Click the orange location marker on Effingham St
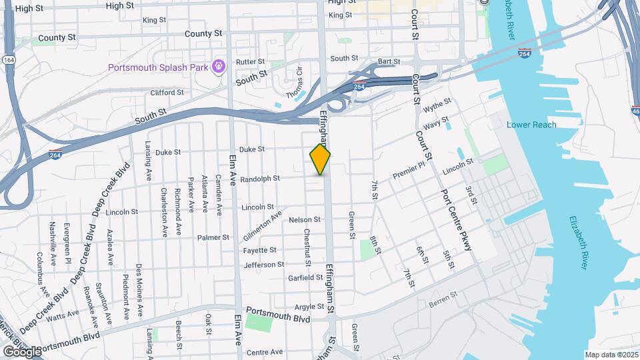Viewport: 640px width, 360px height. (x=320, y=159)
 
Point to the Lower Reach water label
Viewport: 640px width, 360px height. (x=531, y=125)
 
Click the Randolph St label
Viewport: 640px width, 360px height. (x=259, y=179)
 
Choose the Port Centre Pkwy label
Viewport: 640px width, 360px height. (x=456, y=220)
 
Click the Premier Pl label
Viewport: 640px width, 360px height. (x=409, y=169)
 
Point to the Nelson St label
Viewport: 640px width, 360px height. (x=305, y=219)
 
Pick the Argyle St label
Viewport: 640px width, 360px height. (x=309, y=307)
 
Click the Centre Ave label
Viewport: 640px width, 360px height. (x=265, y=351)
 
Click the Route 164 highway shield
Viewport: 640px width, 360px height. (x=8, y=60)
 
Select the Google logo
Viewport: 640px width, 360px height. (x=21, y=351)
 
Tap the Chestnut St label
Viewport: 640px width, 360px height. (x=307, y=247)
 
